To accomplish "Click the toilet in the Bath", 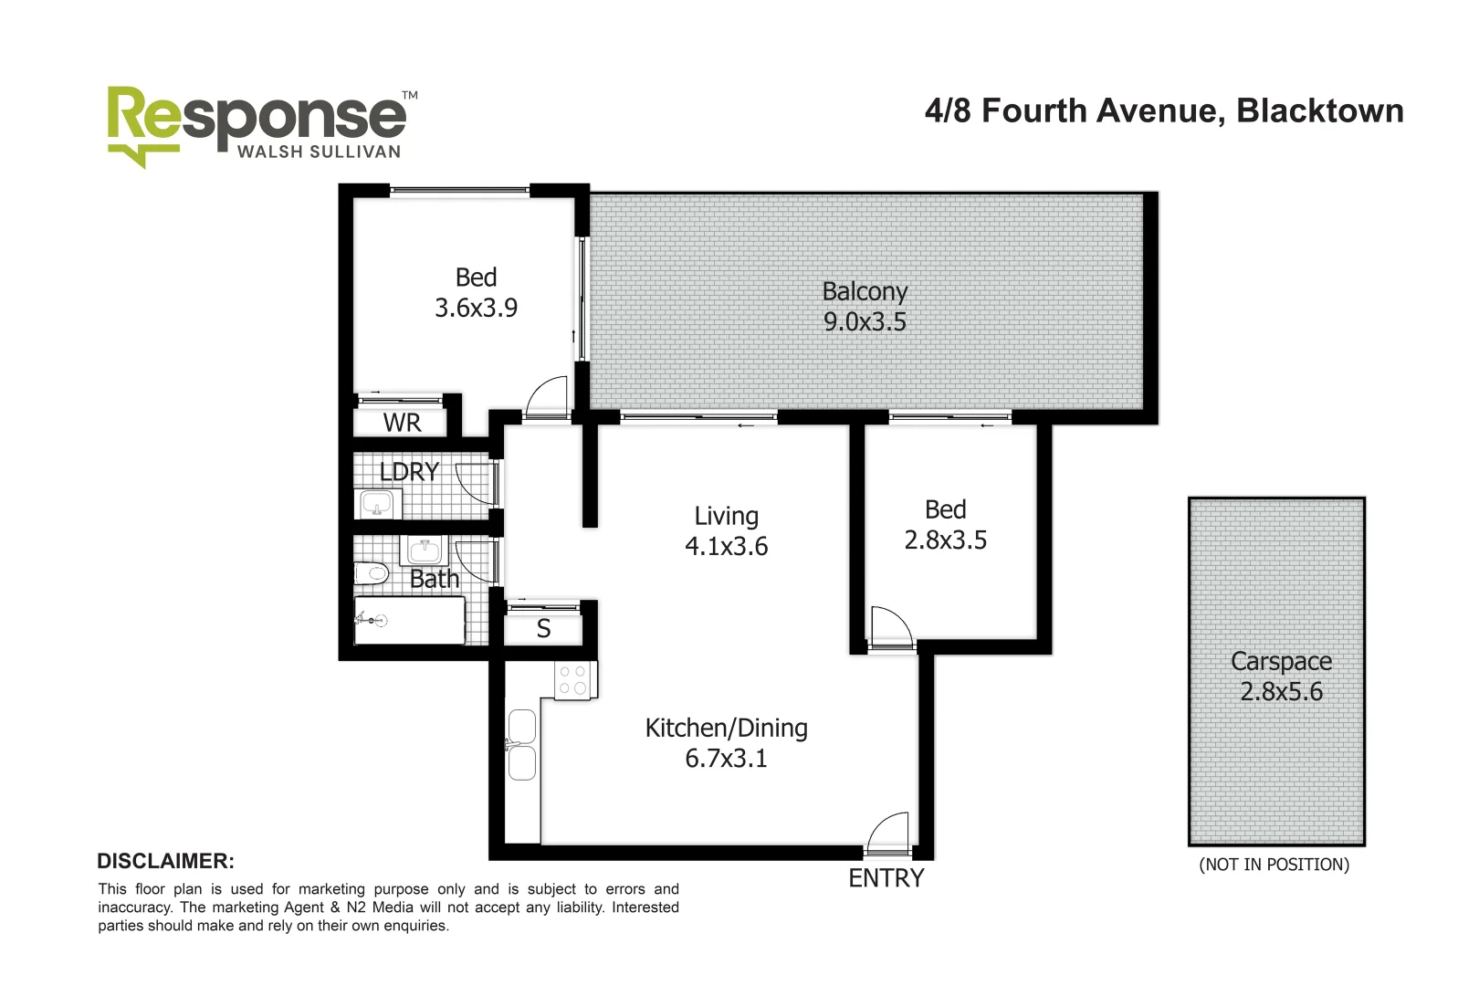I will [372, 573].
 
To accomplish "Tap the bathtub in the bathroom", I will [410, 621].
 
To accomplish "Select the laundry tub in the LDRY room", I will [376, 503].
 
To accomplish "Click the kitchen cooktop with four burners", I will [574, 680].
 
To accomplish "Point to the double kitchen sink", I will [521, 745].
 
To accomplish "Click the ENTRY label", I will [886, 878].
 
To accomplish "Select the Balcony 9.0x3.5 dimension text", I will [865, 322].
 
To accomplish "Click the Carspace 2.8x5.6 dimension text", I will [1281, 692].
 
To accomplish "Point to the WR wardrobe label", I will [402, 424].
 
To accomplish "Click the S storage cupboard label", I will [543, 629].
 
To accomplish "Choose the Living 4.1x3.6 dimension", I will [726, 547].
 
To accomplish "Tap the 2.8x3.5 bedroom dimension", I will [945, 540].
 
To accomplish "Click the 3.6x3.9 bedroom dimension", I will [476, 309].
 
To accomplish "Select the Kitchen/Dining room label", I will [726, 729].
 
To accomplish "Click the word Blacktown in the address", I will [1319, 111].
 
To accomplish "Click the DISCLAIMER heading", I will [165, 861].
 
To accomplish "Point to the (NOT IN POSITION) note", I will [1274, 865].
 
